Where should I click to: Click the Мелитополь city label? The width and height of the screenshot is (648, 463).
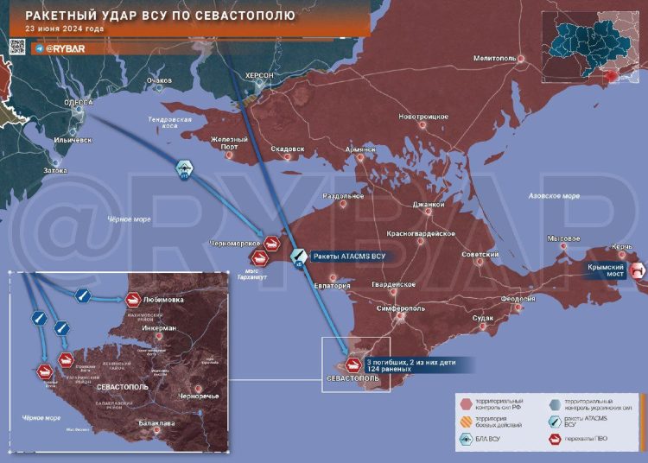[x=494, y=58]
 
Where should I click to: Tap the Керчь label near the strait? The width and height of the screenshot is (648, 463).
[x=622, y=247]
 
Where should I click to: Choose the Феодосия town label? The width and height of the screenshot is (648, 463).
[x=518, y=299]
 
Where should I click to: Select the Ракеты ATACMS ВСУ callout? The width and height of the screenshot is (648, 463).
[x=347, y=257]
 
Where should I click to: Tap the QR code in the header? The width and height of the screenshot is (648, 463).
[x=18, y=48]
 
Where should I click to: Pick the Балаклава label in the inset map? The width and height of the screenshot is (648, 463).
[x=157, y=423]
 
